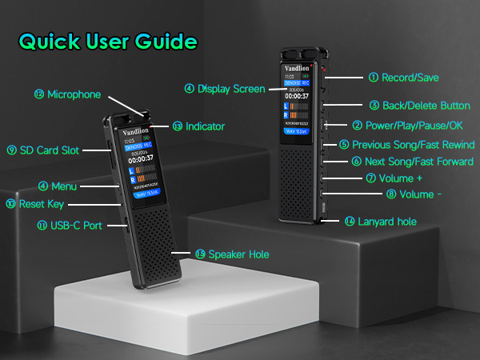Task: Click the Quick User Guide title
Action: point(107,41)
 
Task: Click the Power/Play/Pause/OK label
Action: point(414,126)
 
